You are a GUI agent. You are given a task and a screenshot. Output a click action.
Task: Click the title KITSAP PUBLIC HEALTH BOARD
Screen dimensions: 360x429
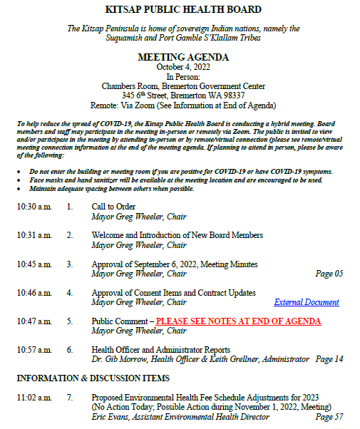click(183, 10)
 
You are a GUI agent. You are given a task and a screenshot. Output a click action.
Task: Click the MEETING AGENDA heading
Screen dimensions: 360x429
click(183, 57)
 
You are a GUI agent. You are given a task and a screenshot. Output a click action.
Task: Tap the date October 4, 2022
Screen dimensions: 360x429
click(183, 67)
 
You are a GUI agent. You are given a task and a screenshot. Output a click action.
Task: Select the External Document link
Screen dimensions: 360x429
click(307, 302)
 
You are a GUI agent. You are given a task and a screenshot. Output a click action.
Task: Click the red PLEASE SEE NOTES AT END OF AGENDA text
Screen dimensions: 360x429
click(238, 321)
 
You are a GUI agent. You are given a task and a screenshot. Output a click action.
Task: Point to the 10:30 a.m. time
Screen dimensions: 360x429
click(34, 207)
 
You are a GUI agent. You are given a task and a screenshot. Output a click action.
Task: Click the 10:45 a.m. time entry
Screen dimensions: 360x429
click(34, 264)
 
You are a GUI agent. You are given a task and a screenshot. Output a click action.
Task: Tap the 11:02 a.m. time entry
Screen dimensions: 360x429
click(34, 397)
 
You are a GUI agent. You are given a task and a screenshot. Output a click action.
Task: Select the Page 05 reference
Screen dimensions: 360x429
click(329, 274)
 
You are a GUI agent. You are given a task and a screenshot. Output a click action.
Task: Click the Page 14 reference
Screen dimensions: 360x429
click(329, 359)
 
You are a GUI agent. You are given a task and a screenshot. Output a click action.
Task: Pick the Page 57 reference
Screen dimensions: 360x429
click(329, 416)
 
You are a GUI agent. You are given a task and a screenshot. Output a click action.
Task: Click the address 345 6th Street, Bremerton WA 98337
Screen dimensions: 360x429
click(183, 95)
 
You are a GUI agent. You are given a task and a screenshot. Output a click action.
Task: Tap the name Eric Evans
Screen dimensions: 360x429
click(111, 416)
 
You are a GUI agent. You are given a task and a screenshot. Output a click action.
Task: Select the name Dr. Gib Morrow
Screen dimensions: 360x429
click(119, 359)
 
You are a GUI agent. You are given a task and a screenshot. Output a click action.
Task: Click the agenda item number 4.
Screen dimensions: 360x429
click(70, 293)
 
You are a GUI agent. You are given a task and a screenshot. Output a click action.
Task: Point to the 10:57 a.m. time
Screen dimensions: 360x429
click(34, 350)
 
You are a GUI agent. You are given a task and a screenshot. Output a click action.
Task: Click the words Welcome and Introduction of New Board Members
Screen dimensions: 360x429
click(178, 235)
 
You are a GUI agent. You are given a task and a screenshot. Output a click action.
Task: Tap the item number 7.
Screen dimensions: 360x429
click(70, 397)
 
